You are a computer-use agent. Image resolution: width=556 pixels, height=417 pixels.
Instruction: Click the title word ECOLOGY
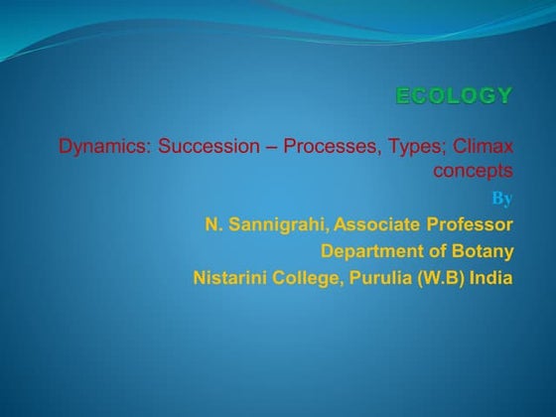(454, 96)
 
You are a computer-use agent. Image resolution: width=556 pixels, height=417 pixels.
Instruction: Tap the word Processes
(326, 149)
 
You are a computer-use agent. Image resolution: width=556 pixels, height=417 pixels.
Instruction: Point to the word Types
(409, 149)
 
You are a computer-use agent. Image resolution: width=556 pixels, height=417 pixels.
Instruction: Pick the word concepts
(473, 172)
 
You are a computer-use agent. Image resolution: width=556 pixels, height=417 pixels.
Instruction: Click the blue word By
(502, 197)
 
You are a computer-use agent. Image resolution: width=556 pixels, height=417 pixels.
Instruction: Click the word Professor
(473, 224)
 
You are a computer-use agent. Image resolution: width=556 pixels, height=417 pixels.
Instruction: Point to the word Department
(370, 251)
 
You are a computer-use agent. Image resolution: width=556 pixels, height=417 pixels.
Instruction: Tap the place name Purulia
(381, 278)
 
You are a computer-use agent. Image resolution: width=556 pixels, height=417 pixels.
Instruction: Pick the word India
(492, 278)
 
